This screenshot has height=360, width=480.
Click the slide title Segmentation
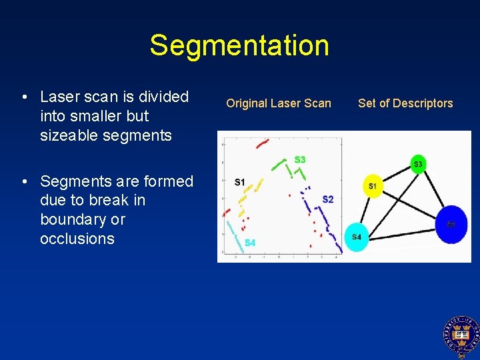click(x=239, y=45)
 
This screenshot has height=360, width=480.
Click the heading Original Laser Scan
click(x=278, y=103)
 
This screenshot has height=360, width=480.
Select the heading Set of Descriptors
click(x=405, y=103)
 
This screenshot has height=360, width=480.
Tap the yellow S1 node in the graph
click(x=373, y=185)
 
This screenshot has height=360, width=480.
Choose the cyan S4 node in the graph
click(x=357, y=237)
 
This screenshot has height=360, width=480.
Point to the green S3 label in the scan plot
click(x=300, y=160)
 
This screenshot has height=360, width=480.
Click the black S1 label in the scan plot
click(x=239, y=182)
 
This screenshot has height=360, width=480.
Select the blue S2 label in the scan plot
click(x=327, y=199)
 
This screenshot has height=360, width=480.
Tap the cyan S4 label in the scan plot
click(x=249, y=243)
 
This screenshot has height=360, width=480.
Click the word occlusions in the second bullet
click(x=77, y=239)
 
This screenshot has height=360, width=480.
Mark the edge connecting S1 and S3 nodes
click(x=395, y=175)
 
